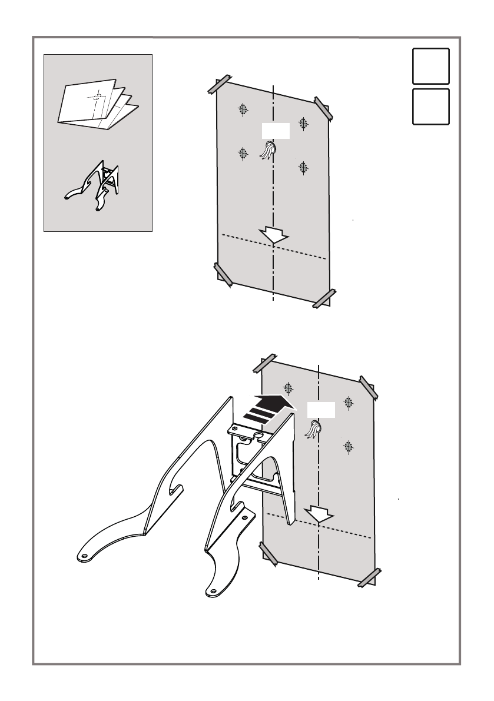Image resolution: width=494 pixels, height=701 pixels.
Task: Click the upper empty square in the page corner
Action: [x=430, y=66]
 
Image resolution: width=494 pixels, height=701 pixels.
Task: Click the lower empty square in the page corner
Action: [x=430, y=107]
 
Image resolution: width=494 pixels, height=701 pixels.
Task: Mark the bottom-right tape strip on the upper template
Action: [x=323, y=298]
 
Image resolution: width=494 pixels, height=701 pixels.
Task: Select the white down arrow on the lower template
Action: [x=320, y=514]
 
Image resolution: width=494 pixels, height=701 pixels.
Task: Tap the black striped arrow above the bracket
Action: [x=268, y=407]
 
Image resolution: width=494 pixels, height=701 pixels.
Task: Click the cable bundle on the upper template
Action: [x=270, y=150]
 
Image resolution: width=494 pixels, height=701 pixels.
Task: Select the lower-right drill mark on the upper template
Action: [x=303, y=167]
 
